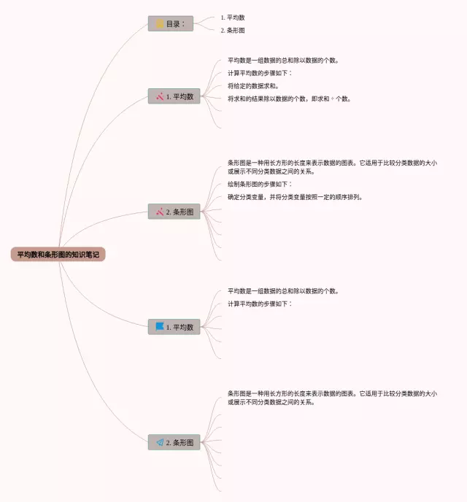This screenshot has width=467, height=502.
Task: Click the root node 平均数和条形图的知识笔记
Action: point(58,254)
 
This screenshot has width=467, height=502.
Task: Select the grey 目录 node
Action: point(171,24)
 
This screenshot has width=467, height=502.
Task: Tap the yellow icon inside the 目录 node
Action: point(160,24)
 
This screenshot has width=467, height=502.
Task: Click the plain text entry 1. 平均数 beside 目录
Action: point(233,17)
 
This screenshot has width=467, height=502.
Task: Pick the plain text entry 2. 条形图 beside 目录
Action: point(233,30)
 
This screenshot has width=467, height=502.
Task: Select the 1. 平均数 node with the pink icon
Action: point(174,96)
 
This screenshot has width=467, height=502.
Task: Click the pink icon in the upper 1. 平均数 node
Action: point(160,96)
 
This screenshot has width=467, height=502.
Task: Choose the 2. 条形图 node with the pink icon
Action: point(174,212)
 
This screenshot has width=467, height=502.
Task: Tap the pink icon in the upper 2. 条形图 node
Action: point(160,212)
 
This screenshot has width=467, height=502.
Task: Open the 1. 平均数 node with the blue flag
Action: point(174,327)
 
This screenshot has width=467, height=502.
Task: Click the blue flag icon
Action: point(160,326)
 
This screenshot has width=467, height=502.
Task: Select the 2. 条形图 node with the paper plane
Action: point(174,442)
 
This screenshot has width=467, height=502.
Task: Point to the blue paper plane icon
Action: point(160,442)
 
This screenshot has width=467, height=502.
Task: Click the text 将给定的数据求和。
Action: point(253,86)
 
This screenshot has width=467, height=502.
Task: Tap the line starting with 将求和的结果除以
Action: point(289,99)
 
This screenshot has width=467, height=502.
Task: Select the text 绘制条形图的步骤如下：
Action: point(260,185)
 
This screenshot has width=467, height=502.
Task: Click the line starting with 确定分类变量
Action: point(295,197)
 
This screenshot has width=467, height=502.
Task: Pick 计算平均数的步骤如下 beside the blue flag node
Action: point(260,304)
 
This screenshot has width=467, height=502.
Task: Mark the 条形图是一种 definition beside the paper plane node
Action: point(332,397)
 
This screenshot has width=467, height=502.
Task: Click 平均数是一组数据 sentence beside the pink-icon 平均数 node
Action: point(283,61)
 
